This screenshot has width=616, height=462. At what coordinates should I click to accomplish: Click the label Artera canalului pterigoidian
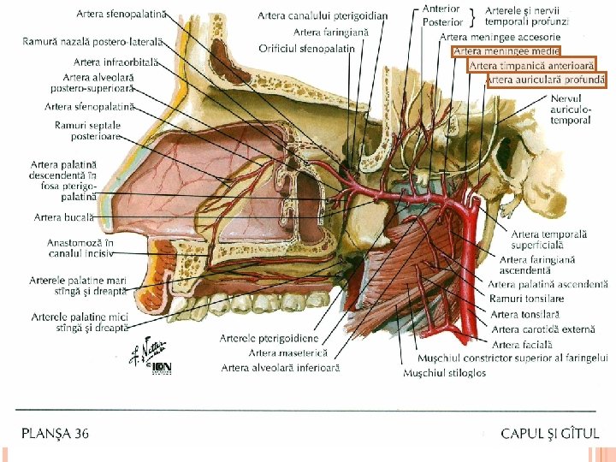(x=323, y=15)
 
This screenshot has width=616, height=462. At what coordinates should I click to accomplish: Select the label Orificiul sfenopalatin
(x=306, y=48)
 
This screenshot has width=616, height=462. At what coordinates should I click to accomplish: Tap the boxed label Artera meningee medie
(x=506, y=51)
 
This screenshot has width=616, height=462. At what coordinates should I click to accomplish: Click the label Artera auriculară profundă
(x=546, y=80)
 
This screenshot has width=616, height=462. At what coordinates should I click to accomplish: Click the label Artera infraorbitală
(x=116, y=62)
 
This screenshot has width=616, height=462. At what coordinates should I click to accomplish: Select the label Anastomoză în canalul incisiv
(x=80, y=248)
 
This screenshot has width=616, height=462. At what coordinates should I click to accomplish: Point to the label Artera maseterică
(x=287, y=352)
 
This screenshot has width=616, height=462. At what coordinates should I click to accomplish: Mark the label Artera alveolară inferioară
(x=281, y=368)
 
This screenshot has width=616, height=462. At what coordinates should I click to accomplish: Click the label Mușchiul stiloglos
(x=444, y=373)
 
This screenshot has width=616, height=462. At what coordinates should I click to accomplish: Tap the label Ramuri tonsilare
(x=527, y=299)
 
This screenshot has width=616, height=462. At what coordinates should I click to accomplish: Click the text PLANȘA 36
(x=55, y=434)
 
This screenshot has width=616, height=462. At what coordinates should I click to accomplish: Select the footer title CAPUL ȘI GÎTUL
(x=550, y=434)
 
